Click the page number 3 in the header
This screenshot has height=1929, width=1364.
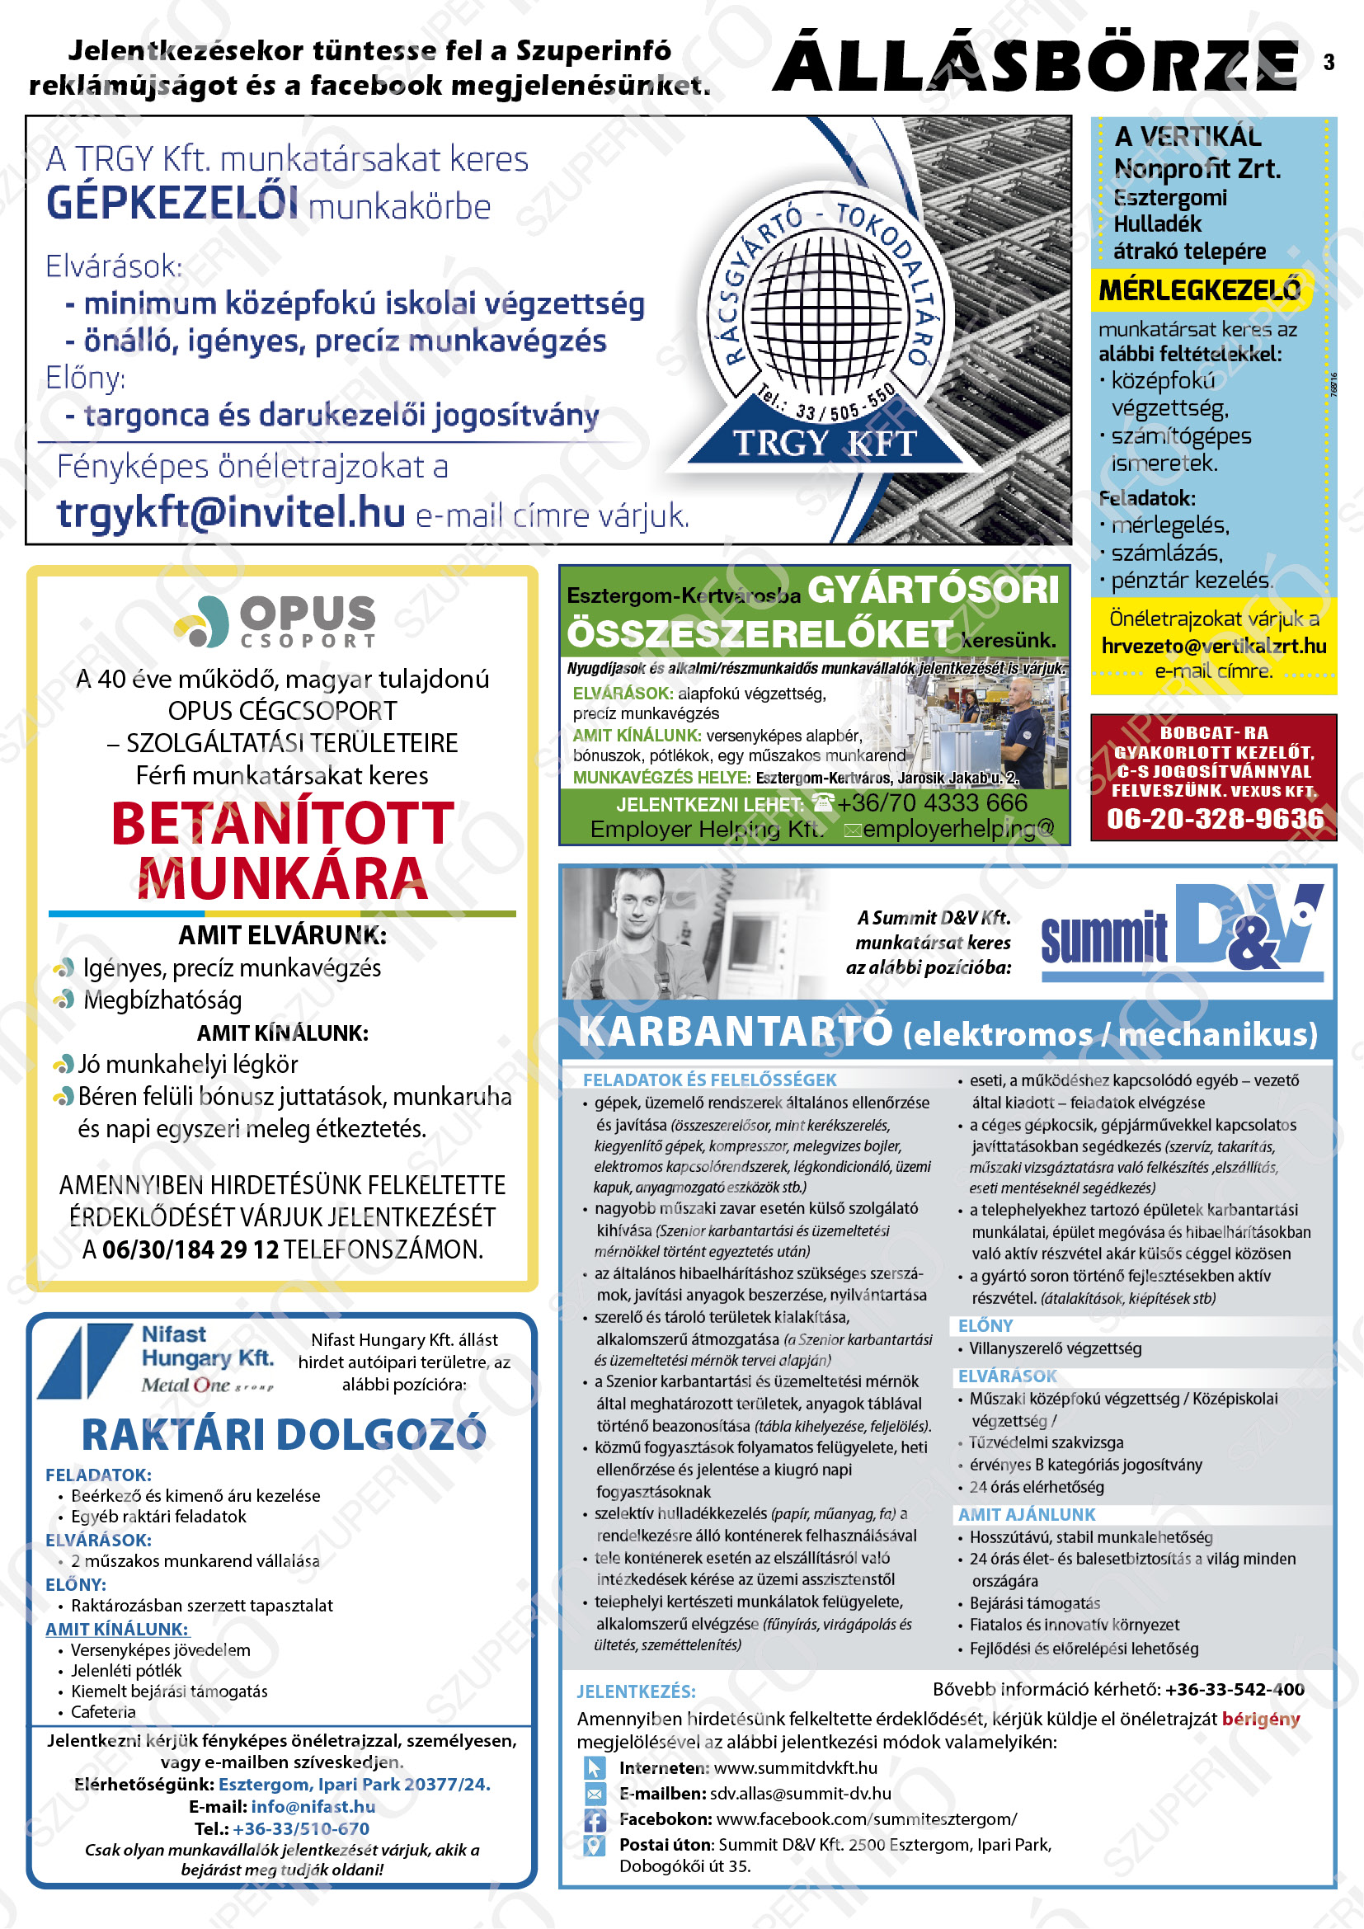(x=1329, y=62)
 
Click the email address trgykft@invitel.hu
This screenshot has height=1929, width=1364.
(x=231, y=512)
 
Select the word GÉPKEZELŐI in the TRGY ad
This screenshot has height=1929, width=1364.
(x=172, y=205)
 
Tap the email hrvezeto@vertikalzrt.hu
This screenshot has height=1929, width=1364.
(x=1214, y=646)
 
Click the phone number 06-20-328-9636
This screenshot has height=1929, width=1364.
(x=1215, y=818)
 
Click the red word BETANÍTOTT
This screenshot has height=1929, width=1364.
(x=283, y=824)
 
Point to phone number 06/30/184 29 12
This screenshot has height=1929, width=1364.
(x=190, y=1250)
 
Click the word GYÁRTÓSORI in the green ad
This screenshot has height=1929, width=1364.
(x=934, y=590)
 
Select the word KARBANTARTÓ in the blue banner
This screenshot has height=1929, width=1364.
(x=735, y=1033)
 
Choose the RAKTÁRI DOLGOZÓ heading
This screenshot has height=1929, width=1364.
(x=283, y=1434)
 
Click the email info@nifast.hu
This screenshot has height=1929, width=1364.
(x=313, y=1806)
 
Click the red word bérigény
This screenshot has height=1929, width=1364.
(x=1260, y=1719)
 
